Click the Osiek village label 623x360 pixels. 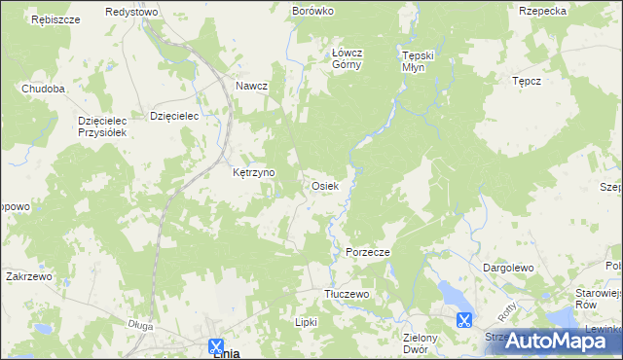coord(324,185)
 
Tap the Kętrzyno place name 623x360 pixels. coord(254,172)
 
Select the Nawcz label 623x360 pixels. coord(251,86)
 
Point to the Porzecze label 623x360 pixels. coord(368,252)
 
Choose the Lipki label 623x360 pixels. coord(307,321)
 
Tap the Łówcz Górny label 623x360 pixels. coord(347,59)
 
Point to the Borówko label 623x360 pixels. coord(312,11)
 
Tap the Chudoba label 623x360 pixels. coord(44,89)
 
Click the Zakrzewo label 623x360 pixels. coord(28,276)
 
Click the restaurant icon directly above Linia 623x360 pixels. coord(217,344)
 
